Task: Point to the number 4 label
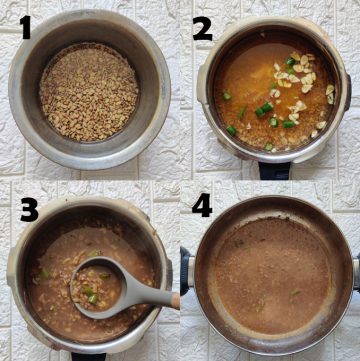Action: [202, 211]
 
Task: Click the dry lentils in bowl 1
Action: [88, 91]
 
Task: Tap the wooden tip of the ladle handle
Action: [174, 300]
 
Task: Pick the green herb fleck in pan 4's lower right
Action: [296, 292]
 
